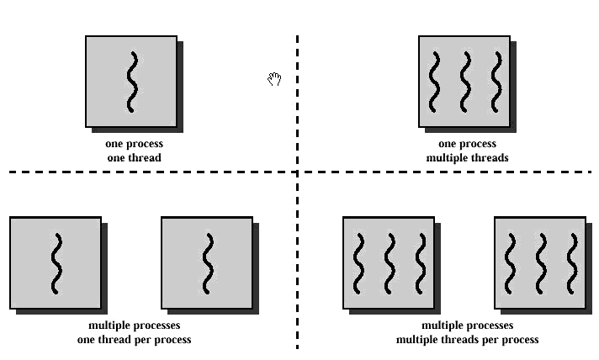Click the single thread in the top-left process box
click(131, 82)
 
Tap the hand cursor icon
click(273, 79)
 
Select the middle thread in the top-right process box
click(464, 82)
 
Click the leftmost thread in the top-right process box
click(434, 82)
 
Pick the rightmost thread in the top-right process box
click(496, 82)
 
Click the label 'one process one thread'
click(134, 151)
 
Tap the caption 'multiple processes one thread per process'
click(135, 332)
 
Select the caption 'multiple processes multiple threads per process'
click(467, 332)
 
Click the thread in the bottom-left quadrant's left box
click(56, 263)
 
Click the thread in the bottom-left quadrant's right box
click(207, 263)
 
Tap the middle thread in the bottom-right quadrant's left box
click(390, 263)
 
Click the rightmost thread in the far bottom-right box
click(572, 263)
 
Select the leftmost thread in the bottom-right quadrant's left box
click(358, 263)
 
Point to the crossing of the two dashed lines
click(297, 172)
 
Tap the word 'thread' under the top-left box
click(146, 157)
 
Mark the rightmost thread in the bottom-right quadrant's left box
click(421, 263)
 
